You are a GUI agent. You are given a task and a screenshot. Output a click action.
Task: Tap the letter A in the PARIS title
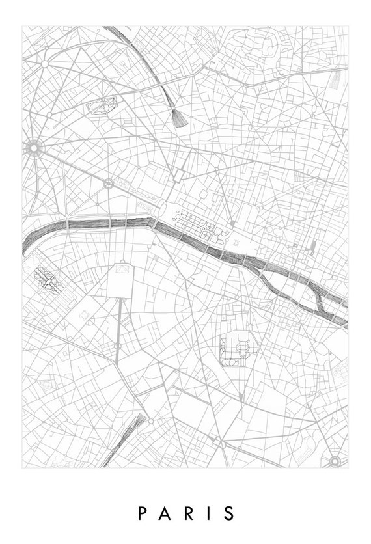coord(165,513)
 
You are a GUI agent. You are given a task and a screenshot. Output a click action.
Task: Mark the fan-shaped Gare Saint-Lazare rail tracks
coord(176,116)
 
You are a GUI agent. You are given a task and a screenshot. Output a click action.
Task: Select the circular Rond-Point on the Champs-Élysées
coord(106,184)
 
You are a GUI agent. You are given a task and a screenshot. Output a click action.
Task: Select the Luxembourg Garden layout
coord(233,351)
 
